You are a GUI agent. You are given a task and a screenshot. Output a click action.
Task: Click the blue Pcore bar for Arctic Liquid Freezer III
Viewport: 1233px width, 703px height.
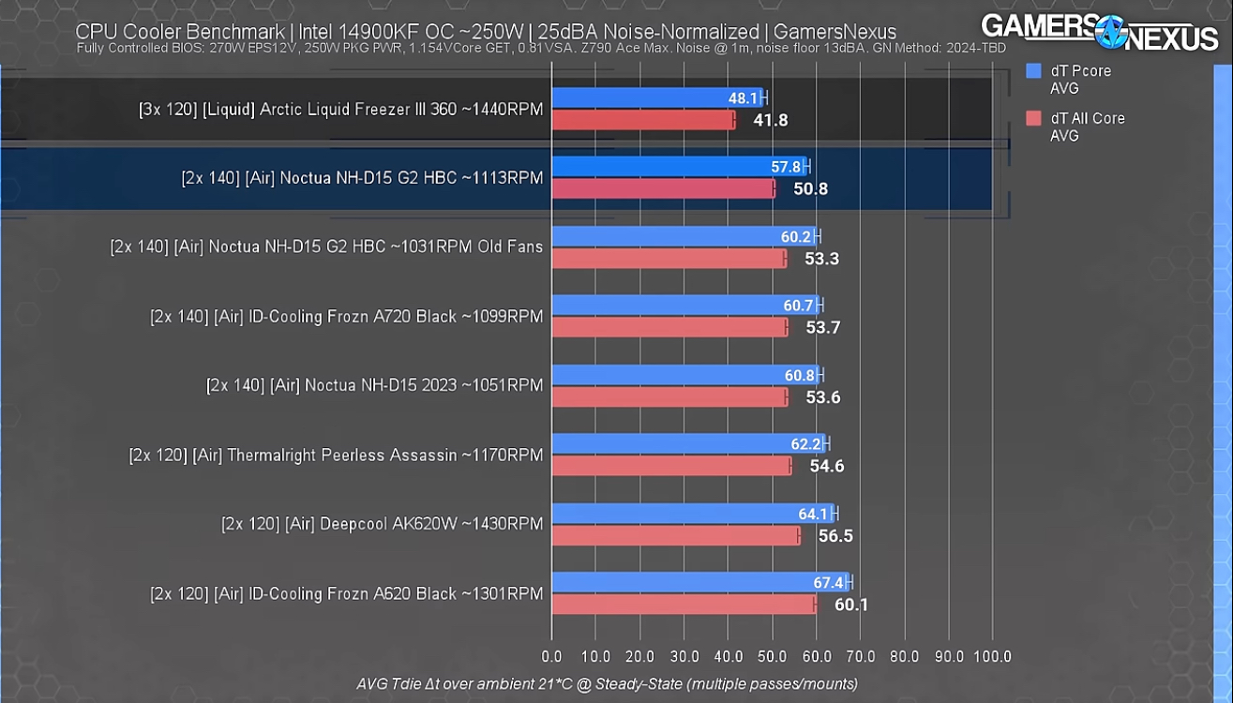(x=656, y=97)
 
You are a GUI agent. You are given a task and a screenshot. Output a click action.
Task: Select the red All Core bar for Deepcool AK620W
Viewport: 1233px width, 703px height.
(x=675, y=536)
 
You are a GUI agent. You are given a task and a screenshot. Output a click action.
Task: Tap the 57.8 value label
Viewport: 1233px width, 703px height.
(x=786, y=167)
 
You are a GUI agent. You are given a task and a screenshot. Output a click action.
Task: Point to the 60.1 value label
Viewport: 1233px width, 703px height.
(x=850, y=605)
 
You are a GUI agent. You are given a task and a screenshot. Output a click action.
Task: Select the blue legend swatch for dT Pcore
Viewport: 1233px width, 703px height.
(x=1034, y=71)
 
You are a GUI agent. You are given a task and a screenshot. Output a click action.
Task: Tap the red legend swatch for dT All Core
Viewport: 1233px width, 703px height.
(x=1034, y=118)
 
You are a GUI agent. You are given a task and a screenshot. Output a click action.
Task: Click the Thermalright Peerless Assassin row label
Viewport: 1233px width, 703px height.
(x=336, y=456)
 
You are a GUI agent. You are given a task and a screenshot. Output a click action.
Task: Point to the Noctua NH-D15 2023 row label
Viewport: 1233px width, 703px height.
(x=374, y=385)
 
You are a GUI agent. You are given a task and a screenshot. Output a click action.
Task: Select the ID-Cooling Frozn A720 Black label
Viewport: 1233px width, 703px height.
(x=346, y=317)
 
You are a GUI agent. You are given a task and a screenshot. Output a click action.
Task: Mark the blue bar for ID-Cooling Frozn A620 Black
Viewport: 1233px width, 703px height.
(x=699, y=582)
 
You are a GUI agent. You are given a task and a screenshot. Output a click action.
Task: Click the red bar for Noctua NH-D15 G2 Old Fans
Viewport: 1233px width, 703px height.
(x=669, y=259)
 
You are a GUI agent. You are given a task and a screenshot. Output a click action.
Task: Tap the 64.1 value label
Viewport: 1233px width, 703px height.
(x=813, y=514)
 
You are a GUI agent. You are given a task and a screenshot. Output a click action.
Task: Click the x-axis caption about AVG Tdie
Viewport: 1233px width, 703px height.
(x=607, y=684)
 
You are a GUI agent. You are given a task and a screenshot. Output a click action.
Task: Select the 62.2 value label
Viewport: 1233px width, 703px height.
(x=805, y=444)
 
